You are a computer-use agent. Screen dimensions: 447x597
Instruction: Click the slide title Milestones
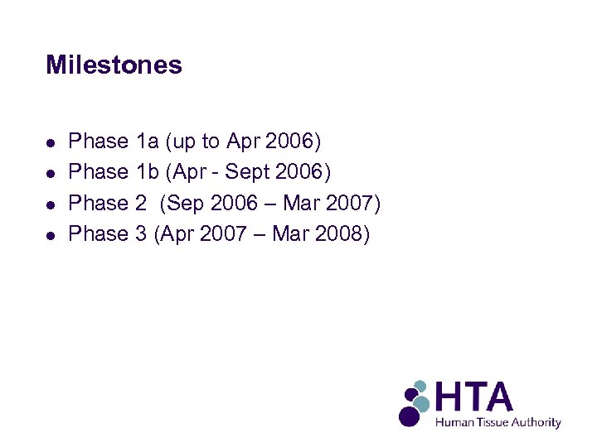pos(114,65)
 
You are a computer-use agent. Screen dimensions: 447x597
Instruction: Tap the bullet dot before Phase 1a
pos(51,142)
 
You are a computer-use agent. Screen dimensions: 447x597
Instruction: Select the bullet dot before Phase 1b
pos(51,173)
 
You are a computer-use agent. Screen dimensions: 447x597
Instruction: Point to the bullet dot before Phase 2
pos(51,204)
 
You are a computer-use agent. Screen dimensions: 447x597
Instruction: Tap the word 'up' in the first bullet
pos(184,142)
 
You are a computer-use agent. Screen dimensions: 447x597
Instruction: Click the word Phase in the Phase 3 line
pos(98,234)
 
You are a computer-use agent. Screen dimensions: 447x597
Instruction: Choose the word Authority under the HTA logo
pos(536,423)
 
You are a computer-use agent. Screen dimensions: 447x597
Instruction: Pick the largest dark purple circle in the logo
pos(409,415)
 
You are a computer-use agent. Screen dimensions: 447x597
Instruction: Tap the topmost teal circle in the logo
pos(420,386)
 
